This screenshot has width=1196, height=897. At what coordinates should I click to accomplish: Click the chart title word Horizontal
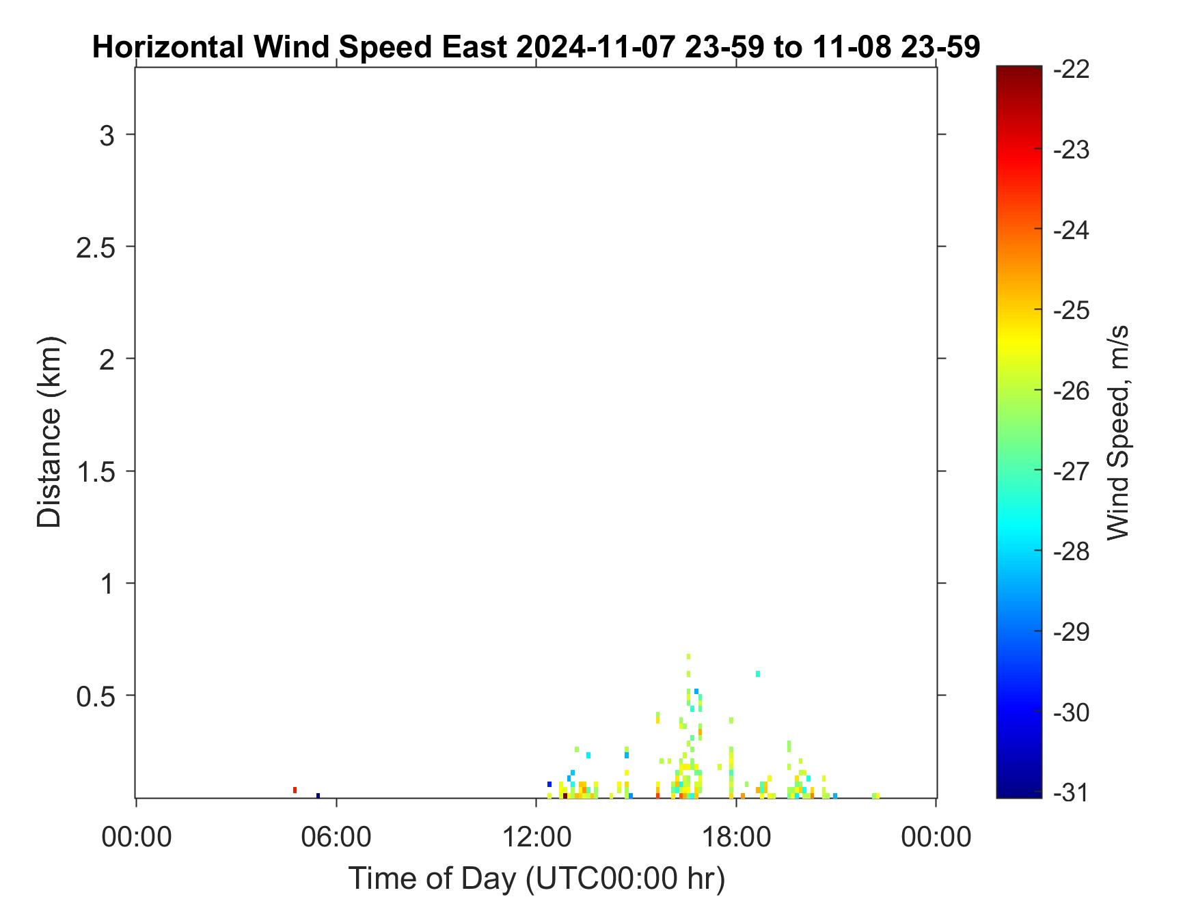167,47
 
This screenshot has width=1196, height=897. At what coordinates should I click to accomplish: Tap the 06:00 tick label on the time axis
336,836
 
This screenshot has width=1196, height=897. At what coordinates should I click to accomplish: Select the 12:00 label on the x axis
536,836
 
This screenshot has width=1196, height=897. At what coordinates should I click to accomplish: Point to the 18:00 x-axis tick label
736,836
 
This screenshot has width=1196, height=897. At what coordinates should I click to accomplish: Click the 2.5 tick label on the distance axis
95,247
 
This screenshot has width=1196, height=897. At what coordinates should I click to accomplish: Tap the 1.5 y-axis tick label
95,471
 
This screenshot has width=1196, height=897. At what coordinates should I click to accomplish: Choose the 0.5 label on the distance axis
95,696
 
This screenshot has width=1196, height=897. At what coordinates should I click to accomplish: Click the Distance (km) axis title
49,432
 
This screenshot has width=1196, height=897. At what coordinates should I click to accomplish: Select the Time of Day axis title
536,878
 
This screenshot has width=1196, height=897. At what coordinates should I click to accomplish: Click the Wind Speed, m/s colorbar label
1117,432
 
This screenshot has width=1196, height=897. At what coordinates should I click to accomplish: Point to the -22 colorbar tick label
1072,70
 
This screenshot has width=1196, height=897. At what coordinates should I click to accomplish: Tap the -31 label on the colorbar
1072,793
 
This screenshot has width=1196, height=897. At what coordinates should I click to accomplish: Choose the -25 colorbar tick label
1072,311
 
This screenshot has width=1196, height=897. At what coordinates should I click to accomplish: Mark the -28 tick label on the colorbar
1072,552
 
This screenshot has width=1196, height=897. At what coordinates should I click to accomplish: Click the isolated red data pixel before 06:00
295,790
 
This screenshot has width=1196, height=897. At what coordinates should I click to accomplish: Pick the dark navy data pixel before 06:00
318,795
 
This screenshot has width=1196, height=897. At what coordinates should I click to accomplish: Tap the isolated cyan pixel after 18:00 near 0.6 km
757,674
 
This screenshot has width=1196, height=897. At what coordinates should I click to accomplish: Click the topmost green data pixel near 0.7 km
688,656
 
